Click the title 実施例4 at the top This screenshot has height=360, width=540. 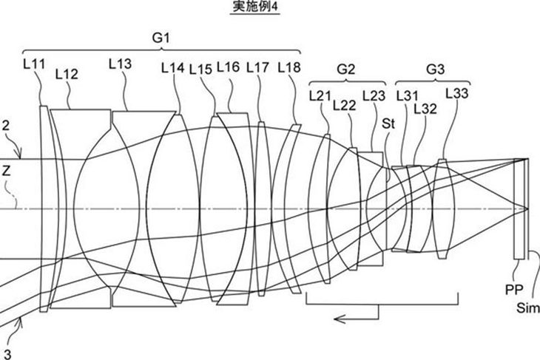click(255, 7)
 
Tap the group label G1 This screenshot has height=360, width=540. click(161, 38)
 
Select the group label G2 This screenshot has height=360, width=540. click(345, 69)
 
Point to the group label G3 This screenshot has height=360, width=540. click(435, 69)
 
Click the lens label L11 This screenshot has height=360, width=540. click(34, 64)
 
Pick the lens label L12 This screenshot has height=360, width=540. click(67, 74)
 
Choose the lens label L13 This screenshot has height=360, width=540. click(120, 64)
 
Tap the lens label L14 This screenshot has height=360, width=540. click(173, 68)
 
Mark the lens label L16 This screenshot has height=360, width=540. click(228, 67)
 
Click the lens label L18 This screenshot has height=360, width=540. click(289, 67)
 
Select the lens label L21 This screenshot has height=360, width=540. click(320, 95)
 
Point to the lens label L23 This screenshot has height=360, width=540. click(374, 95)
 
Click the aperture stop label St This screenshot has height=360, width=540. click(388, 123)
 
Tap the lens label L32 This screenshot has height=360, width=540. click(425, 109)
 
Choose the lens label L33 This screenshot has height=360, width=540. click(457, 93)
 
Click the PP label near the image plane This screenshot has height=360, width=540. click(514, 290)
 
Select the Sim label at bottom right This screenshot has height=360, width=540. click(528, 308)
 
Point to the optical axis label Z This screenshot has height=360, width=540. click(6, 171)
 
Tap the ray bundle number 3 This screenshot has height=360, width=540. click(7, 354)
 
